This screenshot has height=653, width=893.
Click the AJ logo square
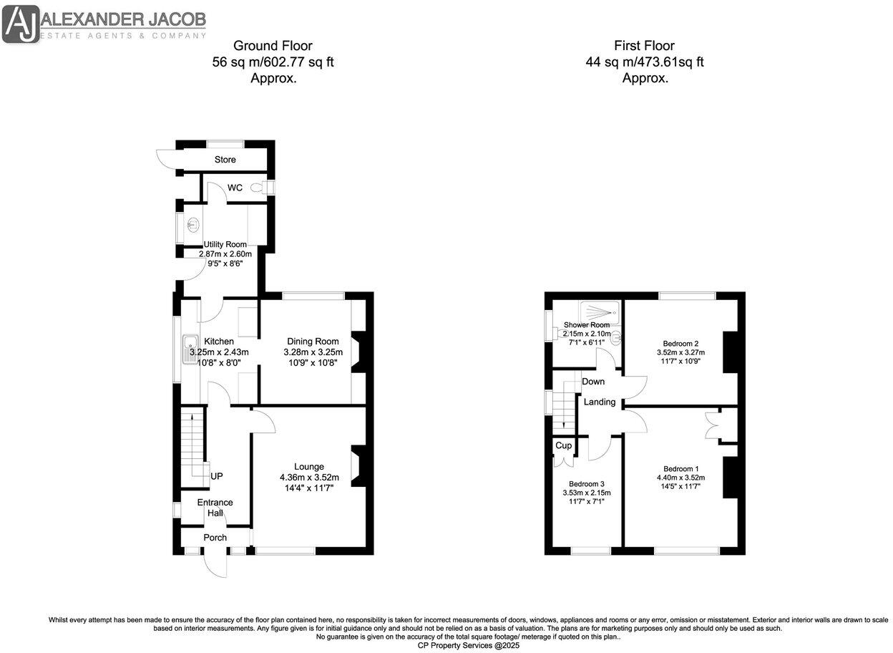[21, 24]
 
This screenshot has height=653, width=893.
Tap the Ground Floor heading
[273, 46]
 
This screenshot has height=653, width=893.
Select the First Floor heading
[644, 46]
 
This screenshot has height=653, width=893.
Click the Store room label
[225, 159]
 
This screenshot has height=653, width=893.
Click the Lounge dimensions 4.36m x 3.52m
[309, 477]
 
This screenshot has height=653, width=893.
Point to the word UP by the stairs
[216, 475]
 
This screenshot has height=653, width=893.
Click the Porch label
[215, 537]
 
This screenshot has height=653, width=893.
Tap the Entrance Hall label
[215, 508]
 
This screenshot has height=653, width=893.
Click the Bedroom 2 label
[680, 342]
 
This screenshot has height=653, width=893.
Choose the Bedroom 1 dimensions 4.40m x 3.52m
[680, 478]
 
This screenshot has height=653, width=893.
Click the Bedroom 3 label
[586, 483]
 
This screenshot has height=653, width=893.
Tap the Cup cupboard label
[564, 445]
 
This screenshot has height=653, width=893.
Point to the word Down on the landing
[592, 382]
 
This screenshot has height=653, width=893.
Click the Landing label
[600, 402]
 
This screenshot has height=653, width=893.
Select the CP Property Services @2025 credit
[469, 645]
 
